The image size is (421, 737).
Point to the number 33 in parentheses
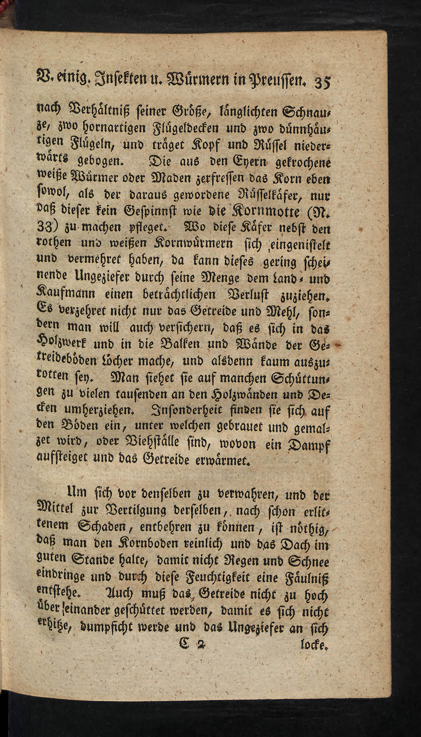45,227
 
